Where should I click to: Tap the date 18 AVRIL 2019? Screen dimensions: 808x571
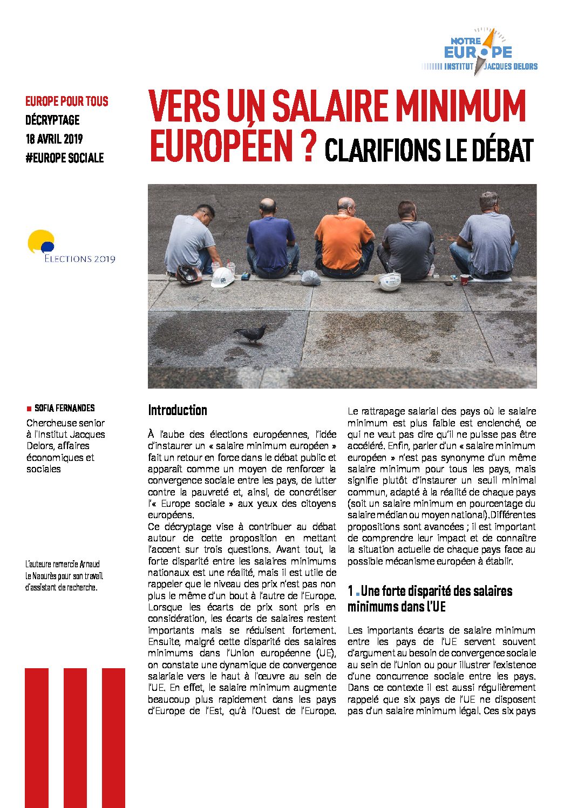click(x=54, y=139)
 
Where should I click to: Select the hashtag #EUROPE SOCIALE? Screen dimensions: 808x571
click(x=64, y=158)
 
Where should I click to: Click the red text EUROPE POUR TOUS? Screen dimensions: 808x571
click(x=66, y=101)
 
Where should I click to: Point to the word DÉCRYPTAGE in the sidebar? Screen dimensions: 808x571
click(x=52, y=120)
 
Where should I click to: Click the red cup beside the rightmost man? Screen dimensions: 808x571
click(x=464, y=279)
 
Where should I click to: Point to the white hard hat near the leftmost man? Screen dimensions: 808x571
click(x=222, y=277)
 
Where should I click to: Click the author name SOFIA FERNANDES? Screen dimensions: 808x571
click(x=64, y=408)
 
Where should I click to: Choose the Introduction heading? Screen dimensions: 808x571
click(x=178, y=410)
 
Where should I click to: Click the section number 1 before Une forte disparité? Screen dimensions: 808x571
click(x=350, y=591)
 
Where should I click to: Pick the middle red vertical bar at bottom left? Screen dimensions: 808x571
click(x=75, y=737)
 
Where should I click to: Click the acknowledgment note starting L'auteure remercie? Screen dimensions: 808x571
click(x=64, y=575)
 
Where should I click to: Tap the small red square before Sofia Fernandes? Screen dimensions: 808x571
click(x=29, y=409)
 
